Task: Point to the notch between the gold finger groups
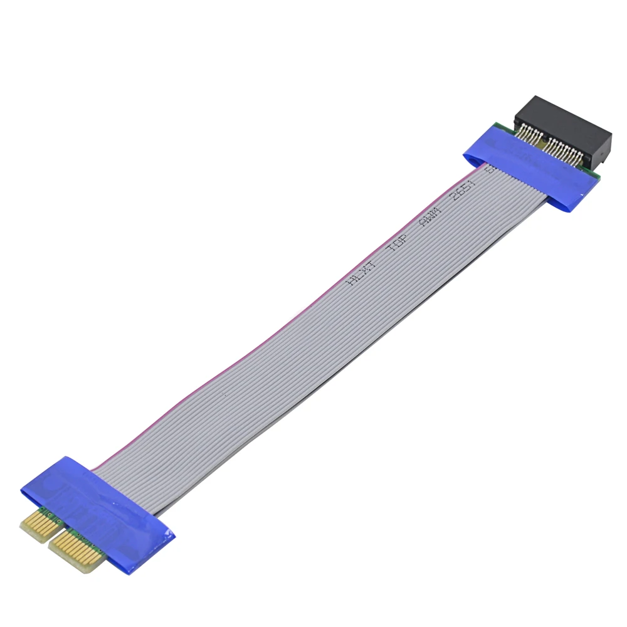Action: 51,534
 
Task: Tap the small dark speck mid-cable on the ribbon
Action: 224,394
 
